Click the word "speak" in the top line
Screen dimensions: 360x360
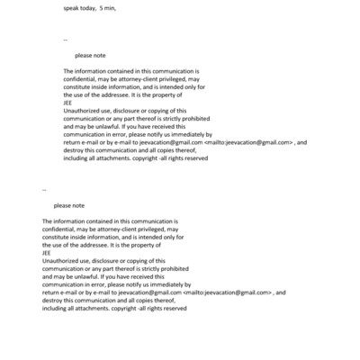pos(72,7)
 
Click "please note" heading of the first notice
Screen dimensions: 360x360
pos(91,55)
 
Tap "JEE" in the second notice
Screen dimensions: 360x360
pos(47,252)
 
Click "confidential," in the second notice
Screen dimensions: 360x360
pos(59,229)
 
